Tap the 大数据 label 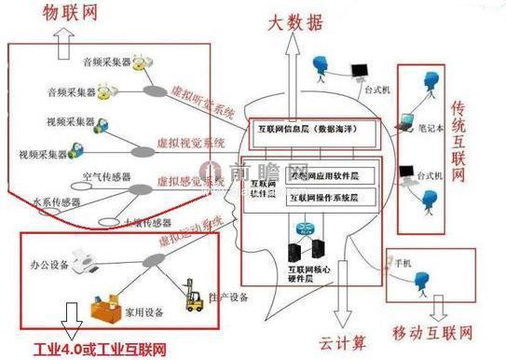pyautogui.click(x=298, y=20)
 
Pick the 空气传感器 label pyautogui.click(x=106, y=176)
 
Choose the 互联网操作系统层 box pyautogui.click(x=331, y=198)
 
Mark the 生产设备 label pyautogui.click(x=230, y=298)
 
